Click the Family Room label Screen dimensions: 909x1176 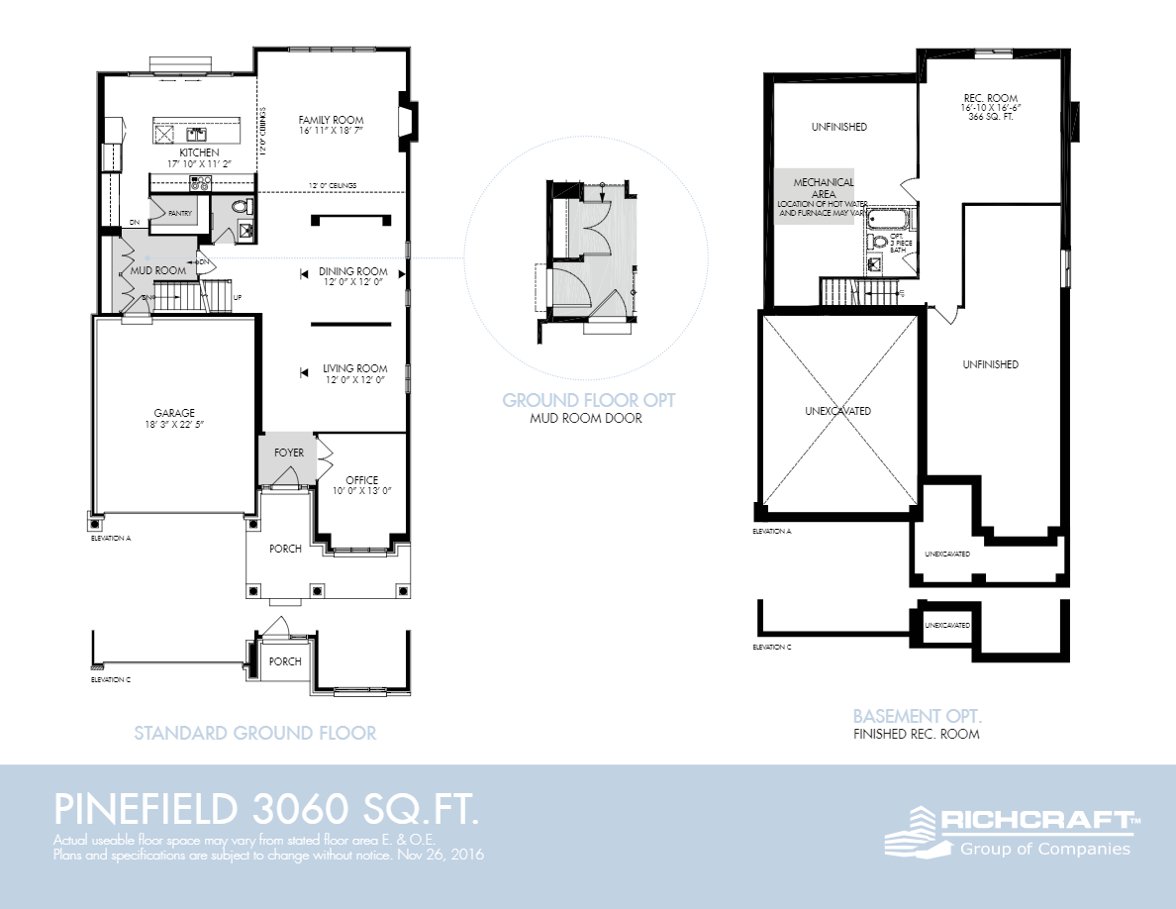[x=331, y=120]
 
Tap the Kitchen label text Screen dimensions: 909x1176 [x=199, y=152]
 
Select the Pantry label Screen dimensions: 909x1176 [x=179, y=213]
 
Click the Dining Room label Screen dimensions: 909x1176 [x=352, y=271]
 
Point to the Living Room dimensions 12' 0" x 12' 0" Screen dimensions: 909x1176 [x=352, y=380]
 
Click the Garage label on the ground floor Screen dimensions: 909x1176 [x=173, y=413]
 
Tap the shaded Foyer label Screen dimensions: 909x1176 [x=289, y=453]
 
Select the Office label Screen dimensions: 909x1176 [x=361, y=480]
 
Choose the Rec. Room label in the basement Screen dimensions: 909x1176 [x=985, y=98]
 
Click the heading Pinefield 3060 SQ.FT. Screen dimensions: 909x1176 [x=267, y=809]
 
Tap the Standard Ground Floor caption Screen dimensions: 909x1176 [x=254, y=734]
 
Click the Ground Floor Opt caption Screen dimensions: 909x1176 [x=588, y=400]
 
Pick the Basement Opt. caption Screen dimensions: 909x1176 [x=917, y=715]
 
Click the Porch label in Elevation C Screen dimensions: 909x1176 [x=285, y=661]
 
